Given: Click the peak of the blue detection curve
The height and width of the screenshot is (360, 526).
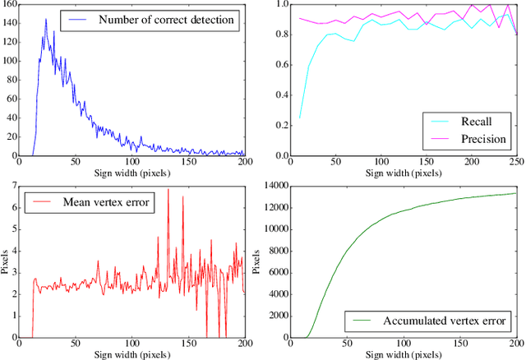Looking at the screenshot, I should (x=45, y=20).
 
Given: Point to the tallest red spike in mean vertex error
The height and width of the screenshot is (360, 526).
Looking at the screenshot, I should (x=168, y=190).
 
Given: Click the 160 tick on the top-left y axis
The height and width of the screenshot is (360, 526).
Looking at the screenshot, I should (x=12, y=4).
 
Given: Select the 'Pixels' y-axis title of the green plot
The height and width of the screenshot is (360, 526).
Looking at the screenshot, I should (x=254, y=263).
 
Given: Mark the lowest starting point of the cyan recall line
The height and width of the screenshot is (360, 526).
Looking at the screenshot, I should (x=300, y=118).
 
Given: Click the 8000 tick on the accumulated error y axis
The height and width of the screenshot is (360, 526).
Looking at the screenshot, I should (x=272, y=253).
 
